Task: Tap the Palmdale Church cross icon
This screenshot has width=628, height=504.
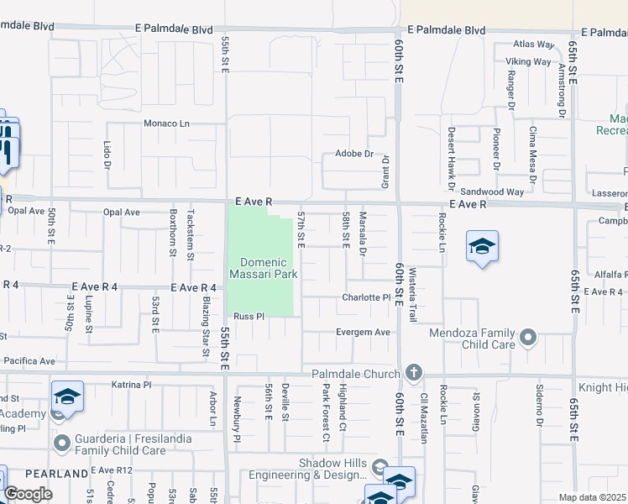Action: (413, 371)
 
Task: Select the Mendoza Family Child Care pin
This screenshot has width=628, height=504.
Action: (528, 338)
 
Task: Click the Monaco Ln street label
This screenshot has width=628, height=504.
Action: (167, 123)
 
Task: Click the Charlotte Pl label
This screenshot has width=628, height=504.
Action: (366, 297)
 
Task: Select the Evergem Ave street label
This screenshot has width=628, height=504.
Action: (363, 332)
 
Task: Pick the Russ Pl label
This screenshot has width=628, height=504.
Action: (249, 317)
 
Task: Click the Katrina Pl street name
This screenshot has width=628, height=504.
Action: (131, 384)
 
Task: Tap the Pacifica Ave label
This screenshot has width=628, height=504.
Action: (29, 361)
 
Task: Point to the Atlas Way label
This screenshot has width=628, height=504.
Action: (534, 45)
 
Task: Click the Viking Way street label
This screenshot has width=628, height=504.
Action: (528, 61)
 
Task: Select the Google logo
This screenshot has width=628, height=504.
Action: (28, 494)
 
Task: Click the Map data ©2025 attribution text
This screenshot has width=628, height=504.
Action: (593, 497)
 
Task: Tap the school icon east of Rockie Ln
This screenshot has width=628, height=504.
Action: (483, 247)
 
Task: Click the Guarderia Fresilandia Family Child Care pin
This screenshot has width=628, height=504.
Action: (61, 442)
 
